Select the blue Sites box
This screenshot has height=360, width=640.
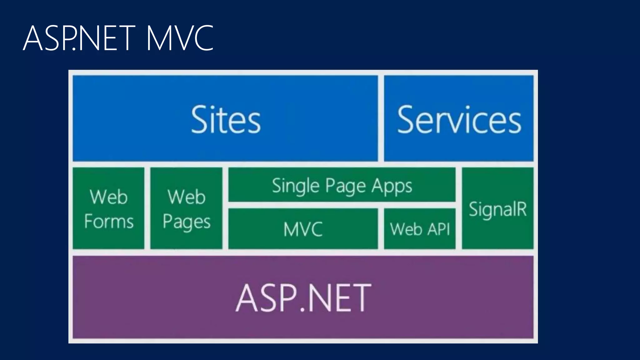click(x=225, y=119)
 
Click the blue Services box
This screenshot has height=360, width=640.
click(x=459, y=119)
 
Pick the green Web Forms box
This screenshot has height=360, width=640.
click(x=109, y=208)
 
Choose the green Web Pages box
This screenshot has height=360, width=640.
click(x=186, y=208)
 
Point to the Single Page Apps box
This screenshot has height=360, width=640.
click(x=342, y=185)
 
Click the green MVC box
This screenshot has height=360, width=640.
click(x=303, y=229)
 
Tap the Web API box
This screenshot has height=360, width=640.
click(x=420, y=229)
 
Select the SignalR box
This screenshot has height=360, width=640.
click(x=497, y=208)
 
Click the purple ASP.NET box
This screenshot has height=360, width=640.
click(x=303, y=297)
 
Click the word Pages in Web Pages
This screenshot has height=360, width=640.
click(x=187, y=222)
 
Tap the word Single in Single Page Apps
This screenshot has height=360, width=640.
click(x=295, y=186)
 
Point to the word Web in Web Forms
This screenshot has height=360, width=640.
click(x=109, y=197)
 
